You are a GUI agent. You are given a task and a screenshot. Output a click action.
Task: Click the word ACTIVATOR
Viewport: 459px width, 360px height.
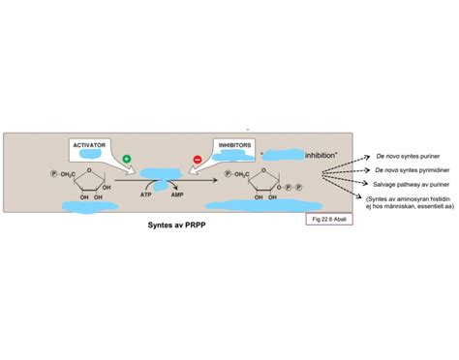[90, 144]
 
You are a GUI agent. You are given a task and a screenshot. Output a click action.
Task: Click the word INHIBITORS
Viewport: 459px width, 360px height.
[234, 144]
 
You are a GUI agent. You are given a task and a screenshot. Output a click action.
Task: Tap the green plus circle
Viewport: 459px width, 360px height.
[126, 158]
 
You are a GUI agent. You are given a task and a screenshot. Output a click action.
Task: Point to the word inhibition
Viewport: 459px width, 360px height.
[325, 154]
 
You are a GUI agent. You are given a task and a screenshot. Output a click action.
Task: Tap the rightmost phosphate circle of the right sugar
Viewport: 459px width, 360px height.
[299, 187]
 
